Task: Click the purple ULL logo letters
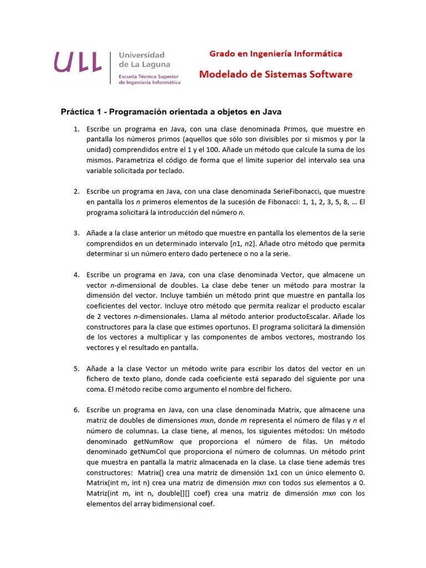pos(78,62)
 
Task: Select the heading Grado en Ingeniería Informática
pos(275,54)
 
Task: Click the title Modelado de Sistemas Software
pos(276,74)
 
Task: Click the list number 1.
pos(76,129)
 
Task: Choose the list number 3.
pos(76,233)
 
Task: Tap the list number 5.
pos(76,368)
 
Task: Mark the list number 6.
pos(76,410)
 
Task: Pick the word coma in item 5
pos(97,389)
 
